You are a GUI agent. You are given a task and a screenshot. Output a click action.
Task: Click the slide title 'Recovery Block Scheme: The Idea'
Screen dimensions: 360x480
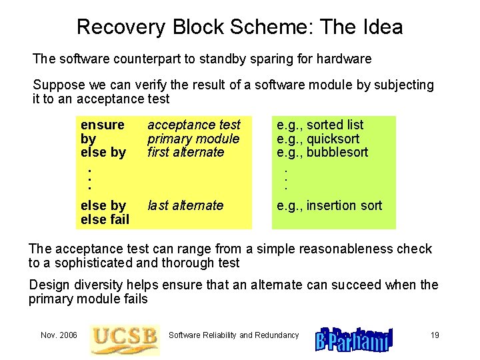pyautogui.click(x=239, y=27)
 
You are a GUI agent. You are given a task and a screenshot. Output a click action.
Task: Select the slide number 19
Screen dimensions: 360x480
pyautogui.click(x=435, y=335)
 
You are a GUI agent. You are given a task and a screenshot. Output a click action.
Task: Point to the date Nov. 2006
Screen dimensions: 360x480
pyautogui.click(x=59, y=335)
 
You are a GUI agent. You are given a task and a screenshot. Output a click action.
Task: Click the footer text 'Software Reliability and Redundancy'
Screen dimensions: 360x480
pyautogui.click(x=233, y=335)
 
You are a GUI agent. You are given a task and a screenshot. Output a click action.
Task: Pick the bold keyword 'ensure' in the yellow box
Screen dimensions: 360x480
pyautogui.click(x=102, y=125)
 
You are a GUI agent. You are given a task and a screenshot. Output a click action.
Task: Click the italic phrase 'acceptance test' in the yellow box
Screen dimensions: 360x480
pyautogui.click(x=193, y=125)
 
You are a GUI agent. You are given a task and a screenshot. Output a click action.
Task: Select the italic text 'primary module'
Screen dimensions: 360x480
pyautogui.click(x=193, y=139)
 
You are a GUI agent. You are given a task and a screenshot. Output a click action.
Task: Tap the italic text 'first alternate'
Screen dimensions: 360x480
pyautogui.click(x=185, y=152)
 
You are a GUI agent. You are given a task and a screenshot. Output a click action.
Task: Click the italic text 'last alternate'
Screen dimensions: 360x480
pyautogui.click(x=185, y=205)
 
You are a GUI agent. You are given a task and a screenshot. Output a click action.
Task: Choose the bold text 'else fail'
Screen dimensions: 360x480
pyautogui.click(x=105, y=219)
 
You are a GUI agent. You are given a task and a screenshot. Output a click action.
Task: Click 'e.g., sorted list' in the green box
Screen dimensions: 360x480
pyautogui.click(x=320, y=125)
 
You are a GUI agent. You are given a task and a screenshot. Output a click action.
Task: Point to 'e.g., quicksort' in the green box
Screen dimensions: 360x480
pyautogui.click(x=318, y=139)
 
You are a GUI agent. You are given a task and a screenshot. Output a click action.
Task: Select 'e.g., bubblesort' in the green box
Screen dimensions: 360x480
pyautogui.click(x=323, y=152)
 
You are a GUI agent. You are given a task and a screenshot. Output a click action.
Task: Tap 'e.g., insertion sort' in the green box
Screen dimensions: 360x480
pyautogui.click(x=329, y=205)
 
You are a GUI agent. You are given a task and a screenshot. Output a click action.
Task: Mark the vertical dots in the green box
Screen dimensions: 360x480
pyautogui.click(x=285, y=178)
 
